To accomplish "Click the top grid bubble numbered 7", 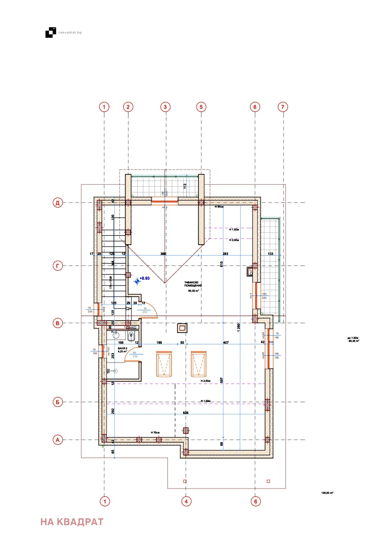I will click(x=283, y=107).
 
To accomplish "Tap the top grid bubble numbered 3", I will click(x=165, y=107).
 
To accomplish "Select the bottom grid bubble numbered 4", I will click(x=186, y=501).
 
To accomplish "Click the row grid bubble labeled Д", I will click(x=58, y=203).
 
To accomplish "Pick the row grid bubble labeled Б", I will click(x=58, y=402).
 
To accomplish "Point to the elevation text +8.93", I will click(x=145, y=278).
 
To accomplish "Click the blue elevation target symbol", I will click(x=137, y=281).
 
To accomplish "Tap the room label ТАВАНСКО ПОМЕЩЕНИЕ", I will click(x=193, y=284).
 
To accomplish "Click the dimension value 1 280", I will click(x=239, y=327).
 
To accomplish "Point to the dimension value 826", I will click(x=186, y=413).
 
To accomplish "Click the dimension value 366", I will click(x=163, y=254).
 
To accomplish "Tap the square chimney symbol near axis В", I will click(x=182, y=328).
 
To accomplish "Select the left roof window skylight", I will click(x=164, y=364).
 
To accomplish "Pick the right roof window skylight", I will click(x=199, y=364).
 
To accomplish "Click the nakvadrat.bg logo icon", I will click(x=51, y=32).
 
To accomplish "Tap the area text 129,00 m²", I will click(x=327, y=493).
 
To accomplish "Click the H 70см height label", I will click(x=155, y=433).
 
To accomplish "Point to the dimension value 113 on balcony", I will click(x=185, y=186).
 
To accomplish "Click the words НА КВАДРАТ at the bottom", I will click(x=72, y=522).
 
